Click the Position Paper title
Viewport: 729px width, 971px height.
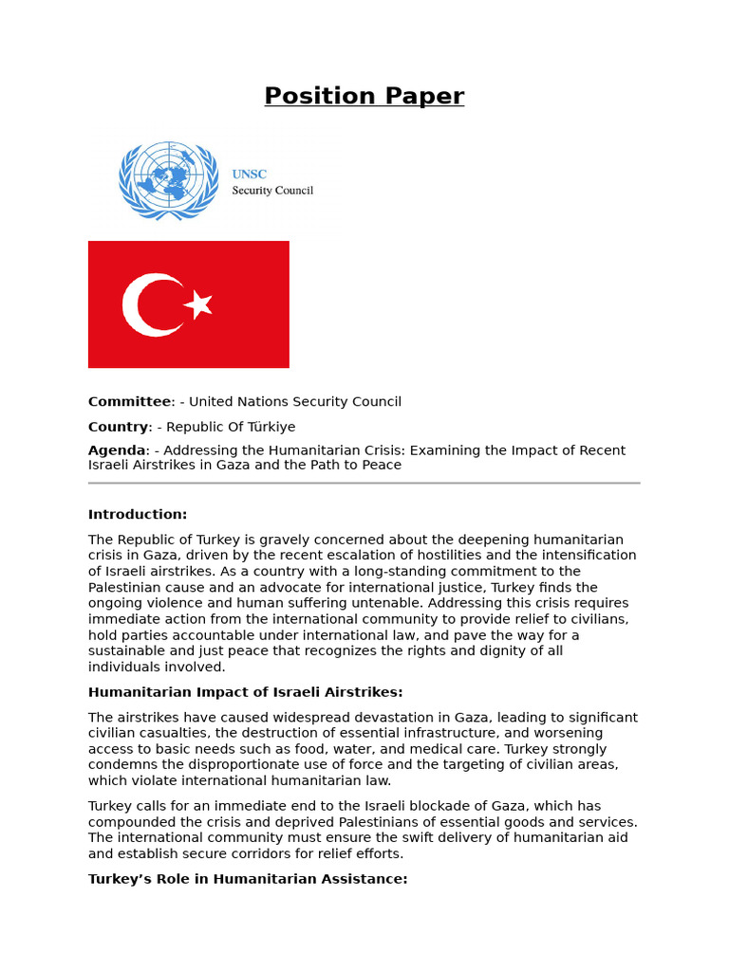[x=364, y=97]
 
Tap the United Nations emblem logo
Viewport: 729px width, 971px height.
[x=168, y=180]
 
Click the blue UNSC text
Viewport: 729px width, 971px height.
[x=250, y=174]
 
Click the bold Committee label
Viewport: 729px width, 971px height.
[x=129, y=402]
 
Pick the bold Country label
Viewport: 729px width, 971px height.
[x=118, y=427]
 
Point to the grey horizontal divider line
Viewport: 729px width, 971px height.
[x=364, y=483]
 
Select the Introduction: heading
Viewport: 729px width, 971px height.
[x=138, y=514]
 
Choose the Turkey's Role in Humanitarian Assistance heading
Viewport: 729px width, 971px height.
[x=248, y=879]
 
